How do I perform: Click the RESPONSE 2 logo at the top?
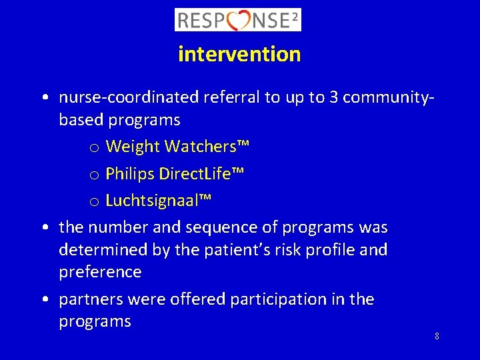coord(238,19)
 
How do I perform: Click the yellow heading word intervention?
coord(239,54)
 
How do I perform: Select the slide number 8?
coord(437,336)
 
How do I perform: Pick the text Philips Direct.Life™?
coord(175,174)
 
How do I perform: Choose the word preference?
coord(100,272)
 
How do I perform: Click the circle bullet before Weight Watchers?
coord(94,147)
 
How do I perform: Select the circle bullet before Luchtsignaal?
coord(94,201)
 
